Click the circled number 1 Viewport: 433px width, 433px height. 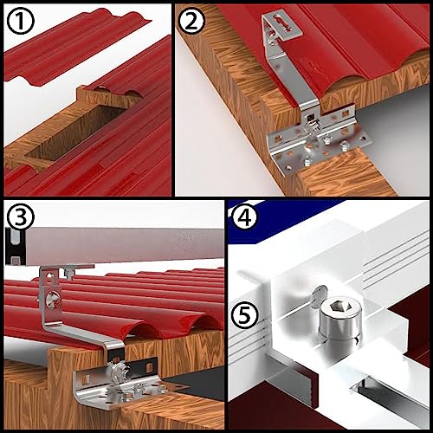[20, 21]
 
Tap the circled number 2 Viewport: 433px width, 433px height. [191, 21]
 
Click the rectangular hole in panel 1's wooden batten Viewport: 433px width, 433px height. [76, 132]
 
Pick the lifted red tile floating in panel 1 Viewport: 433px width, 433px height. [76, 48]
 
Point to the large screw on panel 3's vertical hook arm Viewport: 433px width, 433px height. [54, 301]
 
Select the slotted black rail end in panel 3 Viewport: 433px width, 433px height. [15, 246]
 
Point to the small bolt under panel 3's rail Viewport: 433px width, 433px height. [68, 272]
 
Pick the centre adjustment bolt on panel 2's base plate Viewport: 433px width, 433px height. [311, 124]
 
